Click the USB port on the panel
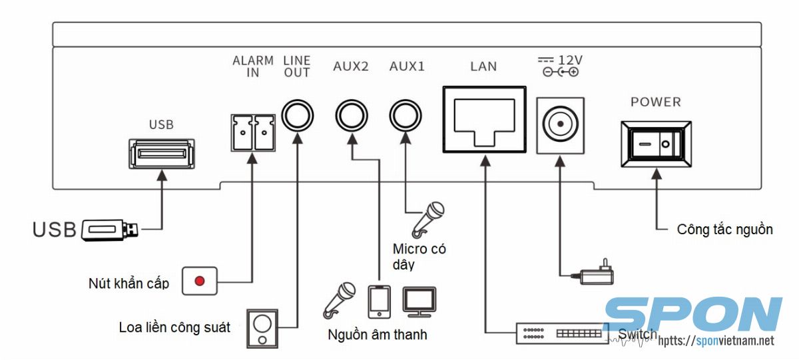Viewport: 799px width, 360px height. (x=162, y=154)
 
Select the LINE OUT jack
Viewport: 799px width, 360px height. (x=296, y=116)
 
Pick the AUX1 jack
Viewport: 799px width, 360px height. (x=405, y=116)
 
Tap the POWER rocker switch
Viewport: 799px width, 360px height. (x=656, y=144)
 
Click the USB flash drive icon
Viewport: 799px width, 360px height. (x=111, y=230)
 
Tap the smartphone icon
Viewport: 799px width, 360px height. (x=380, y=301)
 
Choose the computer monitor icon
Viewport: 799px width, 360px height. (x=419, y=301)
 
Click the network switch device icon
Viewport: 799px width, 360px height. (x=563, y=333)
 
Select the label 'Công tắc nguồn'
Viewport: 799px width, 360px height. (x=724, y=230)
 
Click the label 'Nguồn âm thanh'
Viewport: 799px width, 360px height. (x=377, y=334)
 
